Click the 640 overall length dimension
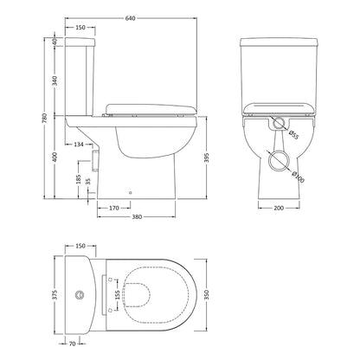pyautogui.click(x=131, y=18)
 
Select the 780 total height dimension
pyautogui.click(x=44, y=119)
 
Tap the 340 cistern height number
pyautogui.click(x=55, y=80)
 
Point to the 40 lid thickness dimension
pyautogui.click(x=55, y=42)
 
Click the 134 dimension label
pyautogui.click(x=79, y=144)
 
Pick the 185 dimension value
pyautogui.click(x=79, y=179)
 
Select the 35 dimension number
pyautogui.click(x=88, y=181)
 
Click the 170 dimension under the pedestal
pyautogui.click(x=114, y=208)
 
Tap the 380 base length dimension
pyautogui.click(x=137, y=216)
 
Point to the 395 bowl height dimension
pyautogui.click(x=207, y=157)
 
